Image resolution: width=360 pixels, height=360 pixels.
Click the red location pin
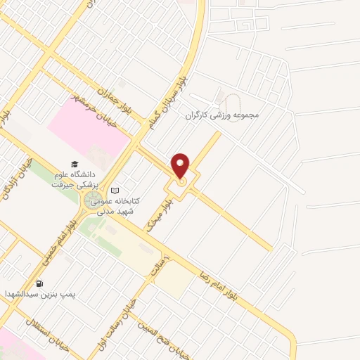tap(181, 166)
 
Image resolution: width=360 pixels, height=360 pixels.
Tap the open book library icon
tap(116, 190)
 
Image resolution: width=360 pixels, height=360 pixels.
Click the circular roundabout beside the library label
tap(91, 202)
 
